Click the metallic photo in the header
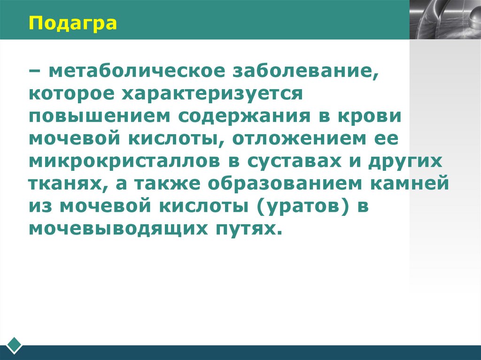[x=445, y=20]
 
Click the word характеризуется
[x=211, y=94]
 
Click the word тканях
[x=65, y=184]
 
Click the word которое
[x=71, y=94]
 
